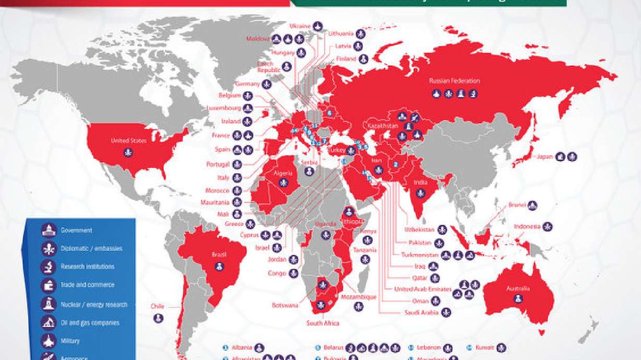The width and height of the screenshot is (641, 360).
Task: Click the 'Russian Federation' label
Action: pos(454,81)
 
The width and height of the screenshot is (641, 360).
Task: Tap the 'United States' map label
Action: pos(128,140)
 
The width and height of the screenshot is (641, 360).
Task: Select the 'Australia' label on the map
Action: pos(518,289)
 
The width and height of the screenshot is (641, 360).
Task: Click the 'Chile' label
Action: pos(157,306)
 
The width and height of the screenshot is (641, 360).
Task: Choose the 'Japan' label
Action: pos(544,156)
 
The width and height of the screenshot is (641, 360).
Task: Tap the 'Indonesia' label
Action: pos(527,227)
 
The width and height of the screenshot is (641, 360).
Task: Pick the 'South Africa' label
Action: pos(323,323)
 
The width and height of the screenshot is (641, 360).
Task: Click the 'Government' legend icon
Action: pos(49,231)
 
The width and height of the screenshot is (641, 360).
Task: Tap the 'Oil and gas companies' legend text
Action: pos(90,323)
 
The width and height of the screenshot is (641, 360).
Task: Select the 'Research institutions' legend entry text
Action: pos(87,267)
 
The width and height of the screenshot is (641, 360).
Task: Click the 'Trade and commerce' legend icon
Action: pos(49,285)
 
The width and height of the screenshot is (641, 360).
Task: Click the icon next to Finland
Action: pos(364,59)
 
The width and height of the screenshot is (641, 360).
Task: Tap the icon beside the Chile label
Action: pos(158,318)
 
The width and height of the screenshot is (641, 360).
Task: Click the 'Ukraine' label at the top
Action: pos(300,26)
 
